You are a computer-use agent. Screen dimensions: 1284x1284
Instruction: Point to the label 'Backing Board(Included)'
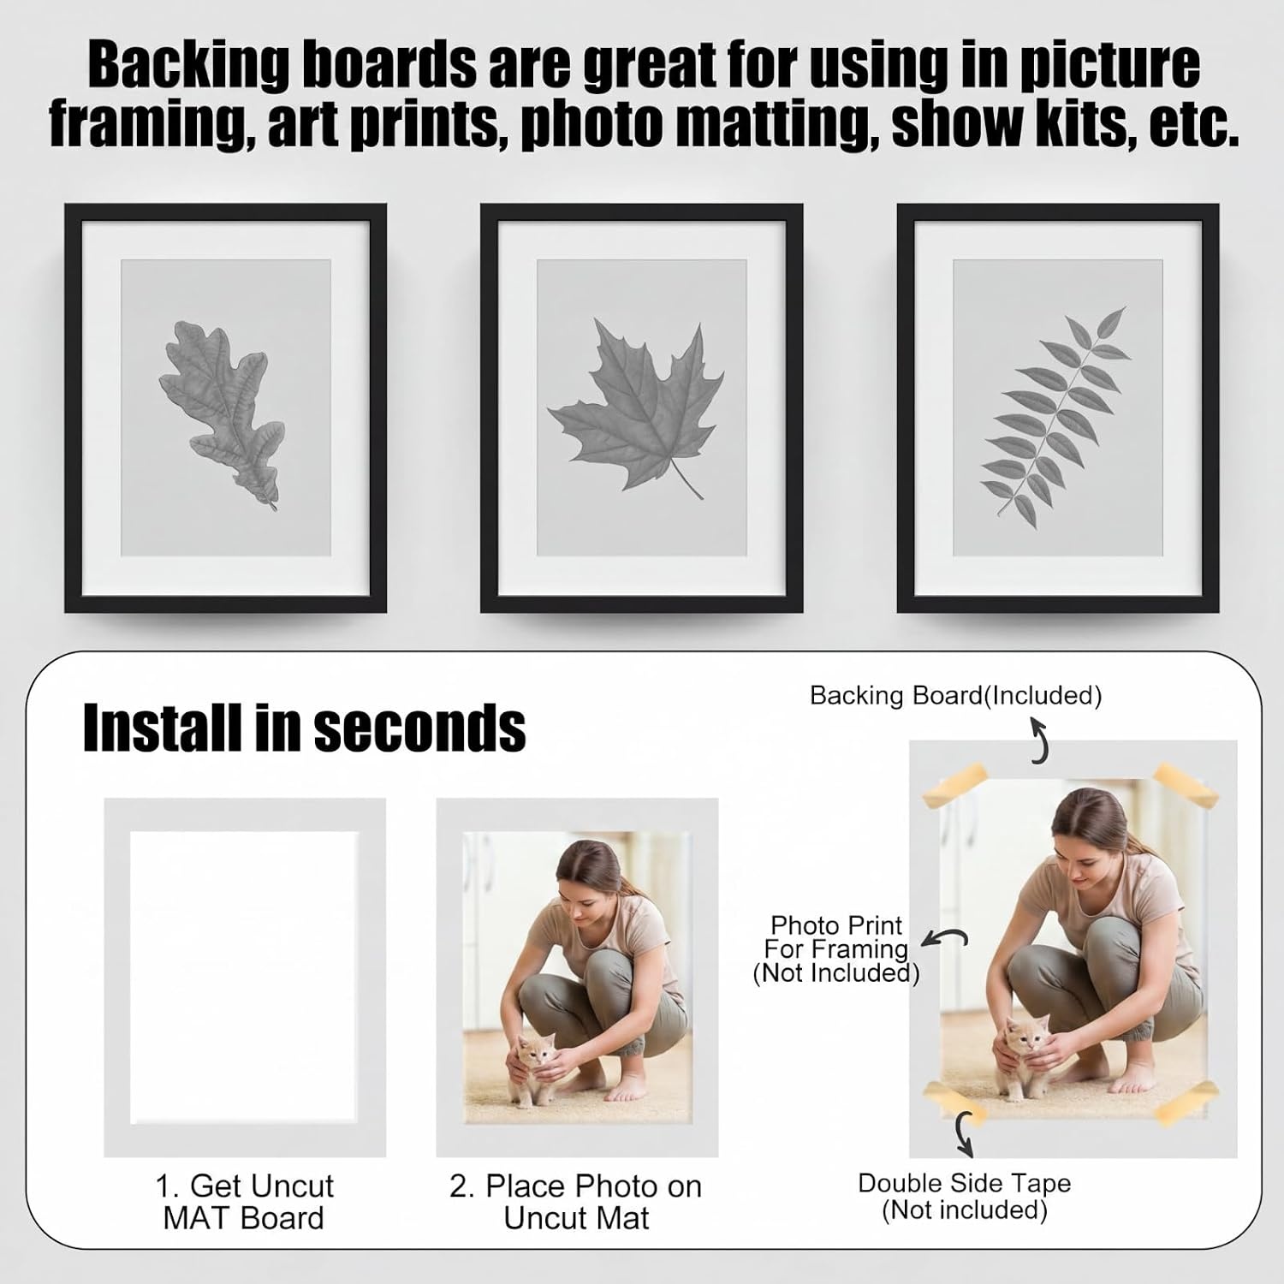956,695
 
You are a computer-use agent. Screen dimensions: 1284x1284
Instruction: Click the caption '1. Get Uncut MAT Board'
244,1202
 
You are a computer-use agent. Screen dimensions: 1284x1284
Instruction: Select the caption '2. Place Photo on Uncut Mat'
576,1202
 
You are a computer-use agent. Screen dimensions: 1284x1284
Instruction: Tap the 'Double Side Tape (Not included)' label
965,1196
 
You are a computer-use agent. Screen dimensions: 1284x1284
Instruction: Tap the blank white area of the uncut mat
244,978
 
